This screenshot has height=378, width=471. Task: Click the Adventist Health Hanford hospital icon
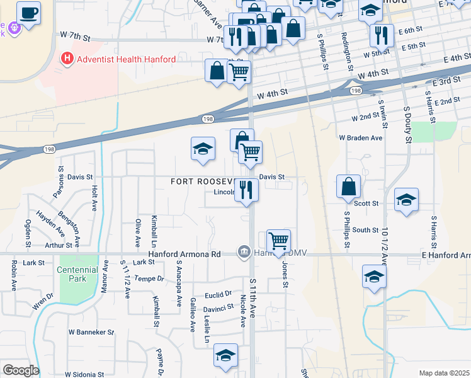[67, 59]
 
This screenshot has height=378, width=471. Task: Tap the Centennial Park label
[79, 275]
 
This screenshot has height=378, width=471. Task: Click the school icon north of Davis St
[203, 149]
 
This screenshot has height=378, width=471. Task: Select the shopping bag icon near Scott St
[348, 186]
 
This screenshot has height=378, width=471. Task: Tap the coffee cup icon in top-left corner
[28, 11]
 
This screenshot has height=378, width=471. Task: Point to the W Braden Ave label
[361, 137]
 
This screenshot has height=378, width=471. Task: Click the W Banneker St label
[91, 331]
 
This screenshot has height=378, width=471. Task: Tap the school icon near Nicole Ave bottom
[225, 355]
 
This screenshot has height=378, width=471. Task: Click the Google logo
[21, 370]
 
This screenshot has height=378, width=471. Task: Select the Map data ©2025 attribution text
[444, 373]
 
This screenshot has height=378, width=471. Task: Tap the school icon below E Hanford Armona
[374, 277]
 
